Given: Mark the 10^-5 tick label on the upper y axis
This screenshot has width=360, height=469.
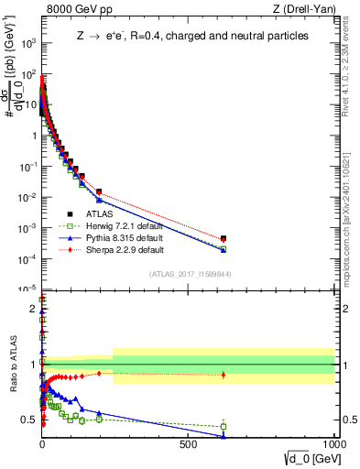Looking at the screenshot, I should (27, 289).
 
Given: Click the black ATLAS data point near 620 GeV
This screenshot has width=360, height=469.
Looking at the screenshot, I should (224, 238).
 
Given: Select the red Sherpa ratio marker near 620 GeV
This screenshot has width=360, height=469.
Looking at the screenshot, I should (224, 375).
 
